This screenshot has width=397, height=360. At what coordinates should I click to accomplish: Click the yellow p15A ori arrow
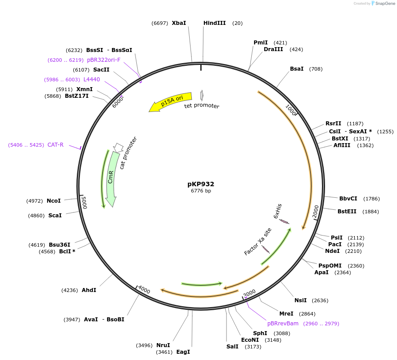click(x=171, y=102)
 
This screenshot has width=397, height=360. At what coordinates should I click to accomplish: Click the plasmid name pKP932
click(x=201, y=184)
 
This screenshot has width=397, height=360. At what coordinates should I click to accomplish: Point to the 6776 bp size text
click(x=201, y=191)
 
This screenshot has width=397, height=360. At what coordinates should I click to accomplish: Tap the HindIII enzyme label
click(x=214, y=23)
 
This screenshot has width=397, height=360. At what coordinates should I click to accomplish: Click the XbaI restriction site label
click(x=179, y=23)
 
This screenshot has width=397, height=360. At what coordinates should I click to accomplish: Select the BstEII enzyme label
click(x=347, y=212)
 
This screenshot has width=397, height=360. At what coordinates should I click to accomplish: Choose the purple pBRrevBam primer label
click(x=283, y=324)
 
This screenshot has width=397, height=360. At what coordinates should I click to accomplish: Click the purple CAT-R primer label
click(x=56, y=145)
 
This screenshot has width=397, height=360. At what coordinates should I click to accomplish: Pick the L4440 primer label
click(x=91, y=80)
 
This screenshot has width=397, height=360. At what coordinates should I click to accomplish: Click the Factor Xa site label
click(x=258, y=242)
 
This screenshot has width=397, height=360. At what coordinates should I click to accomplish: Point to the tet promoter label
click(x=202, y=106)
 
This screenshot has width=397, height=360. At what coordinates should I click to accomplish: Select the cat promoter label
click(x=128, y=153)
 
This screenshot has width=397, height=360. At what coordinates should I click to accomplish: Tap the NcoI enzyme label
click(x=54, y=201)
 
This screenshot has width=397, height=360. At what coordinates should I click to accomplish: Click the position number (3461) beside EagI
click(x=164, y=352)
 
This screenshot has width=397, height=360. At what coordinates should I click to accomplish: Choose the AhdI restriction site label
click(x=89, y=290)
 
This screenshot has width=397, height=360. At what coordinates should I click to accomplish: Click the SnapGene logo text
click(x=383, y=4)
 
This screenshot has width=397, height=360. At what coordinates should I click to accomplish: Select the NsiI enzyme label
click(x=301, y=300)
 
